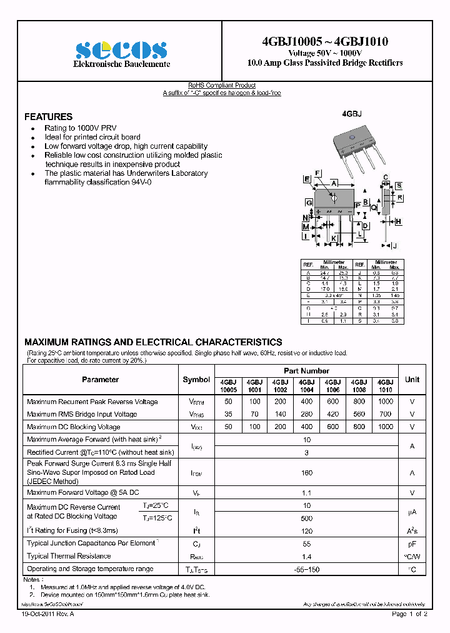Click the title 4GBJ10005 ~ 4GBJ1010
(x=325, y=41)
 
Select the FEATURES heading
(x=48, y=117)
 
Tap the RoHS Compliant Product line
(x=222, y=86)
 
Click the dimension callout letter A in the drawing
(x=334, y=183)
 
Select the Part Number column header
(x=306, y=371)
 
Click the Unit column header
(x=412, y=380)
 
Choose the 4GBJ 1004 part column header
(x=306, y=385)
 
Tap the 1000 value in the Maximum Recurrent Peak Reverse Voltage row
(x=386, y=402)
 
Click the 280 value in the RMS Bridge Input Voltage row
(x=306, y=414)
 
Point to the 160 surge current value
(x=306, y=473)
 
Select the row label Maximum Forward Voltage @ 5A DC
(x=82, y=493)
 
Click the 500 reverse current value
(x=306, y=519)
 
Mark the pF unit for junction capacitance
(x=412, y=544)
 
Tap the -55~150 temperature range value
(x=306, y=569)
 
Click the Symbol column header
(x=196, y=380)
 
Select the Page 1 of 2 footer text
(x=409, y=615)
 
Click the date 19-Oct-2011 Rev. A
(x=47, y=615)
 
